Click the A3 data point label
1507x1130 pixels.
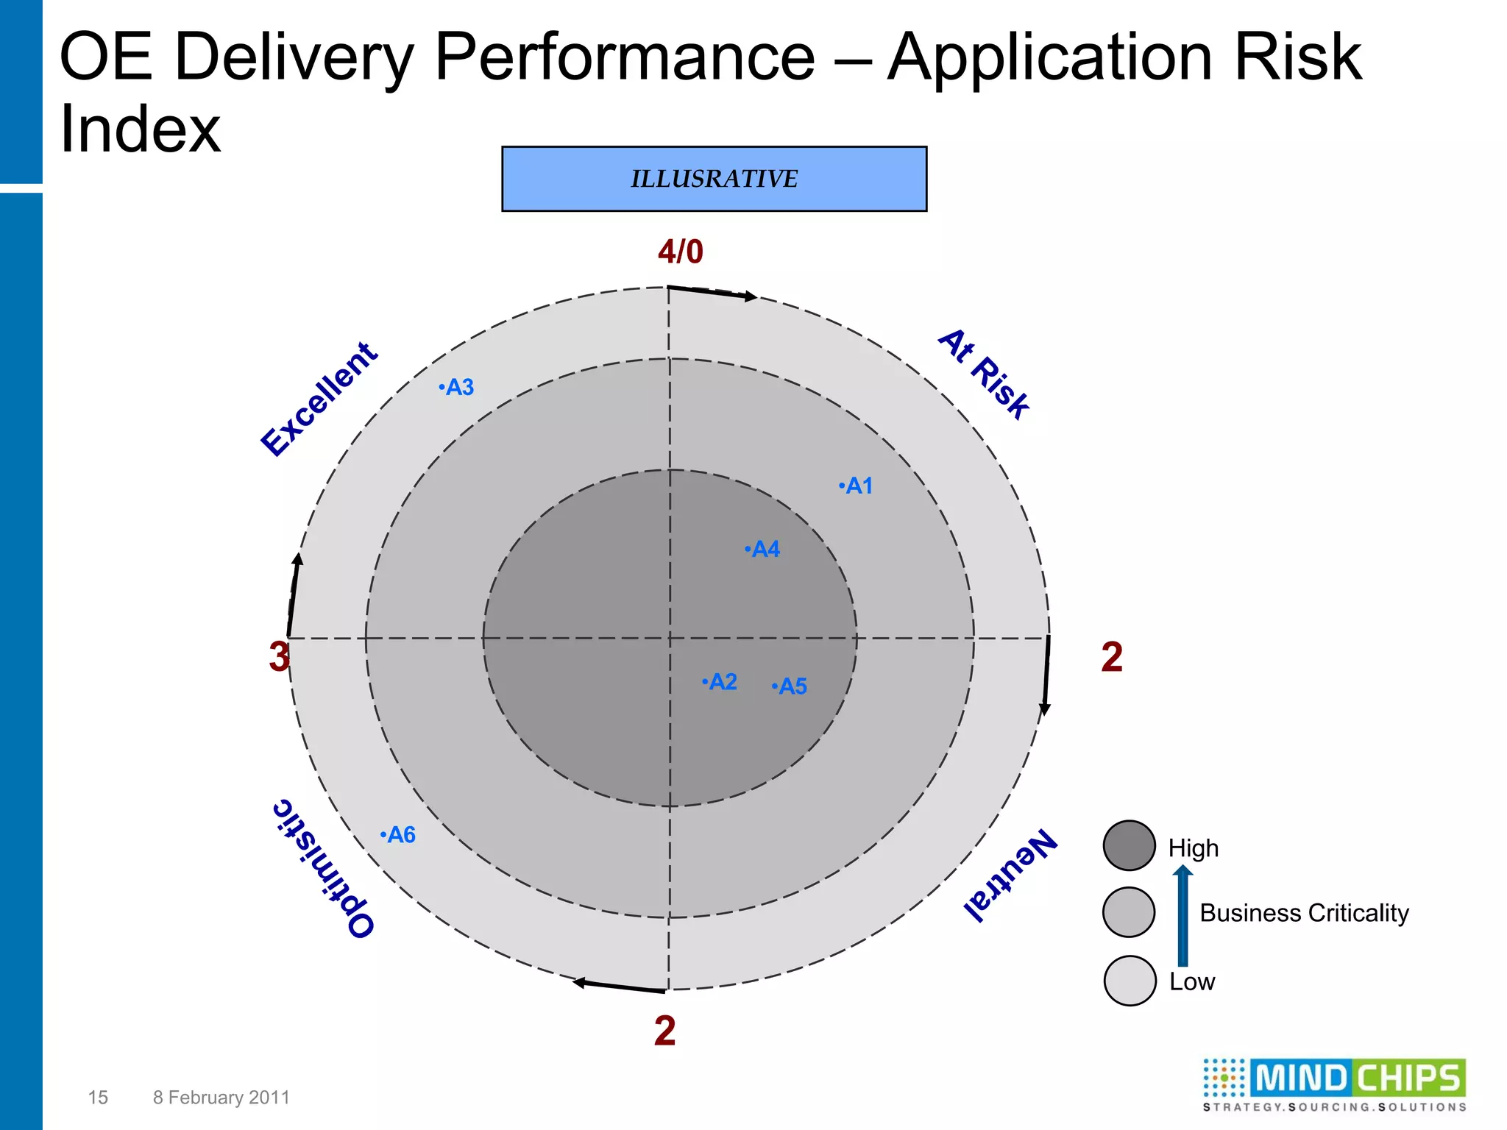tap(456, 387)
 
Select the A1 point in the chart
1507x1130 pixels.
tap(856, 486)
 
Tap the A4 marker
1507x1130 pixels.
tap(762, 549)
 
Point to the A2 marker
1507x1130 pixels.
tap(720, 682)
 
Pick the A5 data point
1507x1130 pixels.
tap(790, 686)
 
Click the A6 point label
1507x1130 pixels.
tap(398, 835)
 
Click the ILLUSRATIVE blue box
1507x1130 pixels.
tap(714, 179)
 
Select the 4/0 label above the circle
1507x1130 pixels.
tap(680, 252)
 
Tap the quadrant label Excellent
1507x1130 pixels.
tap(320, 399)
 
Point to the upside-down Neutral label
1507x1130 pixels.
tap(1011, 875)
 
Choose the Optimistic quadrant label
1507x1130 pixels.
tap(323, 868)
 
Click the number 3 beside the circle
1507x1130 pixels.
tap(279, 657)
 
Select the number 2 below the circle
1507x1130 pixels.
tap(664, 1031)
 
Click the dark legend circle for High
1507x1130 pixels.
tap(1129, 846)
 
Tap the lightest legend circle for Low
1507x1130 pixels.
tap(1130, 981)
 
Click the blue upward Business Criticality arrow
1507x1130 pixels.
tap(1182, 916)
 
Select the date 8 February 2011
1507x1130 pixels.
tap(221, 1098)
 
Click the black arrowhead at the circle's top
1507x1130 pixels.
tap(750, 296)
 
